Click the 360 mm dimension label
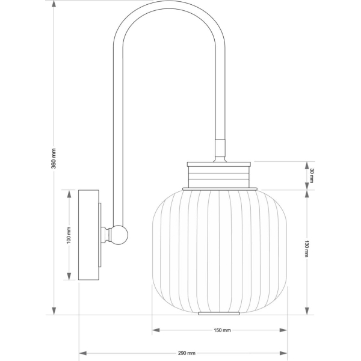[54, 158]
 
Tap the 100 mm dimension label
[69, 235]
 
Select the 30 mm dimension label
[312, 176]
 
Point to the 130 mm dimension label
[307, 248]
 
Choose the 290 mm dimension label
[187, 353]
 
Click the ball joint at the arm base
[119, 235]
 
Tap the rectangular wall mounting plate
[88, 235]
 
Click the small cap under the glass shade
[219, 313]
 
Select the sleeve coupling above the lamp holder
[220, 147]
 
